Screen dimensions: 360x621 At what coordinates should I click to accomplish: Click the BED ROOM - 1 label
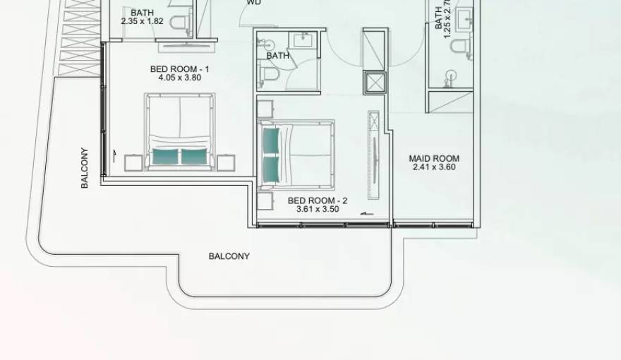[x=180, y=68]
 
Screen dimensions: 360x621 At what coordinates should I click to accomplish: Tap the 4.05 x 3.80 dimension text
[x=180, y=78]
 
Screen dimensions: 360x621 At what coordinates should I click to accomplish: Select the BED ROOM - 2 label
[x=318, y=200]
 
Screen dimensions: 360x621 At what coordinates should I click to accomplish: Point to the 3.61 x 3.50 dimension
[x=318, y=209]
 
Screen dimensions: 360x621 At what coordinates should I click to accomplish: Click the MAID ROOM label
[x=434, y=158]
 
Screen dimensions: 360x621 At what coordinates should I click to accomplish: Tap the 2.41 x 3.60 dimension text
[x=434, y=167]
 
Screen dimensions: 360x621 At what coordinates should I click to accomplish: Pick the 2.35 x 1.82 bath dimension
[x=142, y=21]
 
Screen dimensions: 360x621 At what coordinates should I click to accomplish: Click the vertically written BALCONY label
[x=85, y=167]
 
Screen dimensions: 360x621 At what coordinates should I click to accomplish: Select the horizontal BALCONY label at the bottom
[x=229, y=256]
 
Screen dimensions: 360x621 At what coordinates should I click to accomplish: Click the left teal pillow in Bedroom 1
[x=166, y=156]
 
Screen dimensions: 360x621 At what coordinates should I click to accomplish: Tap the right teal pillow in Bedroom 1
[x=194, y=156]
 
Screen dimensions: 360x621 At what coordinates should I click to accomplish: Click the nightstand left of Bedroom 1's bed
[x=133, y=163]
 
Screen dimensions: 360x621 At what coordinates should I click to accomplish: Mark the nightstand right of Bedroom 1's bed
[x=226, y=163]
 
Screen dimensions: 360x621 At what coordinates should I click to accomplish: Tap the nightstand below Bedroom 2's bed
[x=265, y=202]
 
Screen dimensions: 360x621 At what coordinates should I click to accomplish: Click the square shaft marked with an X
[x=375, y=83]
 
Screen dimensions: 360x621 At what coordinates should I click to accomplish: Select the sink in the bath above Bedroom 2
[x=303, y=40]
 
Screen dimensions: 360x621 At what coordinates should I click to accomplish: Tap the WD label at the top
[x=253, y=3]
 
